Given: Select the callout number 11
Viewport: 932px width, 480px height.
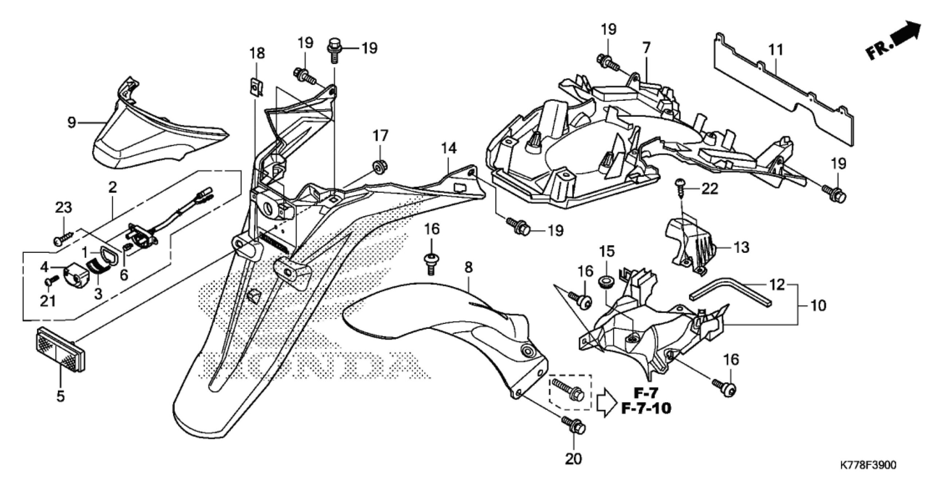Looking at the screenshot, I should coord(775,50).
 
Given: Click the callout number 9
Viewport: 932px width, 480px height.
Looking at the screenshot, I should coord(72,122).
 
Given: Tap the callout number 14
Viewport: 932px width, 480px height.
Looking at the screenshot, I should coord(449,148).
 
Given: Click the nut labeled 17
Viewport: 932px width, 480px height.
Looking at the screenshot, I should coord(379,166).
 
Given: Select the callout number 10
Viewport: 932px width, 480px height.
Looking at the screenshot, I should coord(818,305).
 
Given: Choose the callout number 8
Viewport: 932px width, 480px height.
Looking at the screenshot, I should coord(469,267).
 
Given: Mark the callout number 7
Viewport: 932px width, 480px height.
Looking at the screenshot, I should coord(646,48).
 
